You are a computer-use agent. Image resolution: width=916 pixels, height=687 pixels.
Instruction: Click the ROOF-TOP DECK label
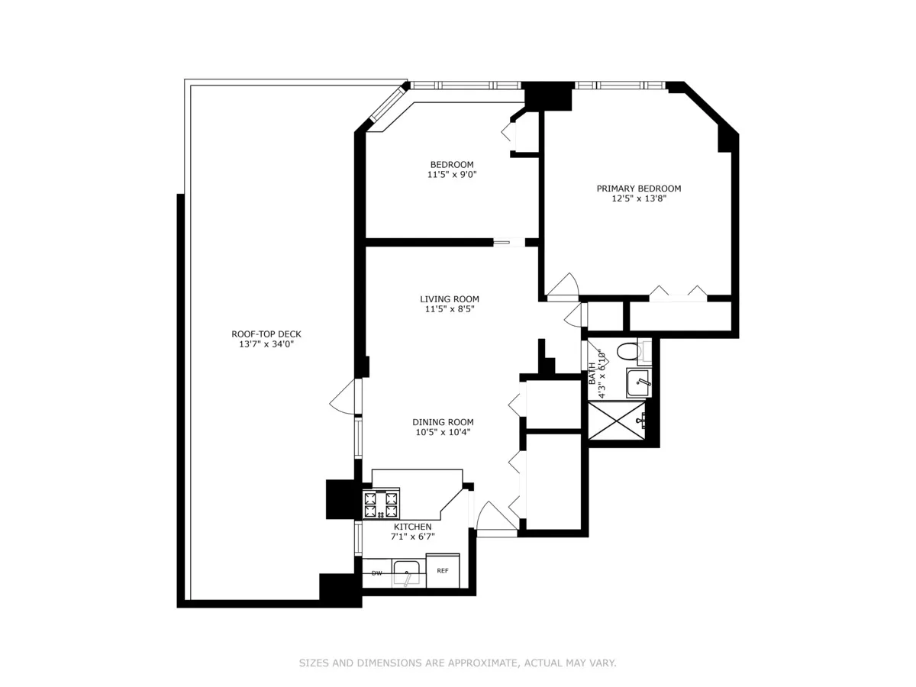(x=261, y=334)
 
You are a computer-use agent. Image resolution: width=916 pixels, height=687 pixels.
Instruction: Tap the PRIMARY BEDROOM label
(x=638, y=189)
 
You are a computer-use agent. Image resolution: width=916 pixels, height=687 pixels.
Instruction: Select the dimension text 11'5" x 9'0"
(x=451, y=175)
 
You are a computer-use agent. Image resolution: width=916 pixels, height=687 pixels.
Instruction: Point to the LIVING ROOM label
(x=449, y=299)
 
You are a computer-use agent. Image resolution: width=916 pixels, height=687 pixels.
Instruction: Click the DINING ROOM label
(x=443, y=422)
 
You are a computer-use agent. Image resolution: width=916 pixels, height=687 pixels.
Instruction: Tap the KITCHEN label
(x=412, y=527)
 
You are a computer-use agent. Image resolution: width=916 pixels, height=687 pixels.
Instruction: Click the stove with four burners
(x=381, y=504)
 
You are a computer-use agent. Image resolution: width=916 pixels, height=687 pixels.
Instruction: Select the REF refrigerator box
(x=443, y=571)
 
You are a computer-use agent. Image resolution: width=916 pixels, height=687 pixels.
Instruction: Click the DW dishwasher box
(x=376, y=573)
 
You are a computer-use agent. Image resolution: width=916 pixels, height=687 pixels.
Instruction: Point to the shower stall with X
(x=615, y=420)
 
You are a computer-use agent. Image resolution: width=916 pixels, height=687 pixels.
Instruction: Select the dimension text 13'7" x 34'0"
(x=261, y=344)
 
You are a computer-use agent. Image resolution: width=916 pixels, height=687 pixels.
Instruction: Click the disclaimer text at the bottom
(x=457, y=663)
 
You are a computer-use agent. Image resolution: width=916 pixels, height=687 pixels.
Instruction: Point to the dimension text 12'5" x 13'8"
(x=638, y=199)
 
